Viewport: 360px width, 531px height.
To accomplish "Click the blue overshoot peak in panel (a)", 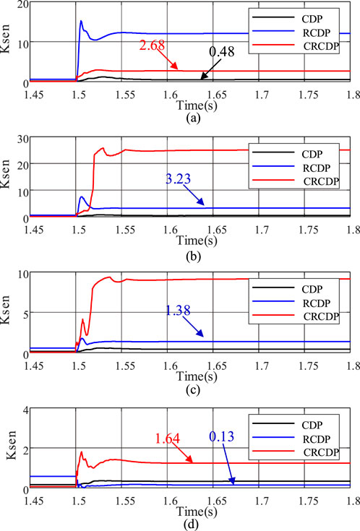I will coord(81,21).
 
